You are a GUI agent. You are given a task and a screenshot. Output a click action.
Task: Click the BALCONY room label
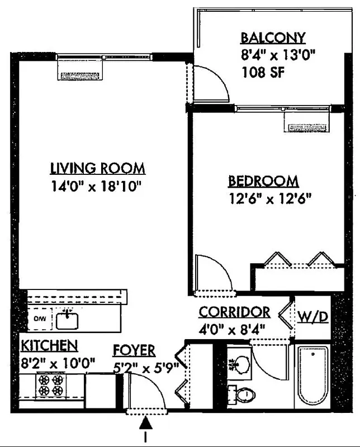[273, 38]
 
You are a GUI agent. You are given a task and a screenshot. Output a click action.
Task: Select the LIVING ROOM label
[98, 168]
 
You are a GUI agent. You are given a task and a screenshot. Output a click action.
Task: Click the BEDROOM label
[263, 182]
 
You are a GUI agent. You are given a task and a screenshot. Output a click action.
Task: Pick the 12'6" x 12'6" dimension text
[269, 198]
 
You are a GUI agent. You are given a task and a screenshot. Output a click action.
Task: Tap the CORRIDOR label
[235, 312]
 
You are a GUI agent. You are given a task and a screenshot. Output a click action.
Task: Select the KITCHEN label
[49, 344]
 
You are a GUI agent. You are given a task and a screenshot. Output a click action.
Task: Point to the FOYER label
[134, 350]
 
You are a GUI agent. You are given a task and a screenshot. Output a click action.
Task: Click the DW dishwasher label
[39, 320]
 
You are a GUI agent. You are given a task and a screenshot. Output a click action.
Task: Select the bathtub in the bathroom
[313, 377]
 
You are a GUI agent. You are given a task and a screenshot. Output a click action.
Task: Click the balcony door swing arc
[215, 84]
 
